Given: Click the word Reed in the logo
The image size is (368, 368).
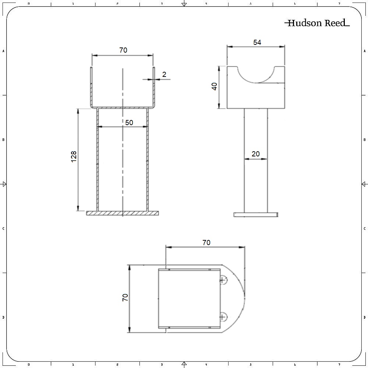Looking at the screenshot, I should [x=335, y=23].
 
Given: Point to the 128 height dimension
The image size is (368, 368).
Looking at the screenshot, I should [x=74, y=157].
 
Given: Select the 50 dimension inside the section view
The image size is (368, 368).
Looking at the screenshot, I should [x=129, y=123].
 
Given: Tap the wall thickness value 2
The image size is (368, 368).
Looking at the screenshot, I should [x=164, y=74].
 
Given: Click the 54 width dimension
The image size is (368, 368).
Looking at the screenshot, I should [x=257, y=43].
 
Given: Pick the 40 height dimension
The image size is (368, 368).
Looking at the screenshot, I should [x=215, y=86].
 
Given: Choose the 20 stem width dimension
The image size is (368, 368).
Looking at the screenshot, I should [x=255, y=154].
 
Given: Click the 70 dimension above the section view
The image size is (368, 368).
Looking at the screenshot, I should [x=123, y=50].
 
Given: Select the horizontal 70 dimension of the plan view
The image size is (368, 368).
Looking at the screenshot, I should [x=206, y=243].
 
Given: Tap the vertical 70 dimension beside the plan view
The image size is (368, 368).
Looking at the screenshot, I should [x=125, y=297].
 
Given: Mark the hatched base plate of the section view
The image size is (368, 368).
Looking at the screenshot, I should [x=122, y=213].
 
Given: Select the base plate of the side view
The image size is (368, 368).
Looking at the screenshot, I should [x=256, y=215].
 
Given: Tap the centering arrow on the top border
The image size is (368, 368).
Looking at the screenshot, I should [x=184, y=4].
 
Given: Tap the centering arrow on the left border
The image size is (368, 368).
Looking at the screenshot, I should [x=4, y=184].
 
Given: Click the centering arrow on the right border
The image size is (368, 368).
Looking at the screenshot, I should [x=364, y=184].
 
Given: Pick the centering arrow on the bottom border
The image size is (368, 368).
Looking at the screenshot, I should [x=184, y=364].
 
